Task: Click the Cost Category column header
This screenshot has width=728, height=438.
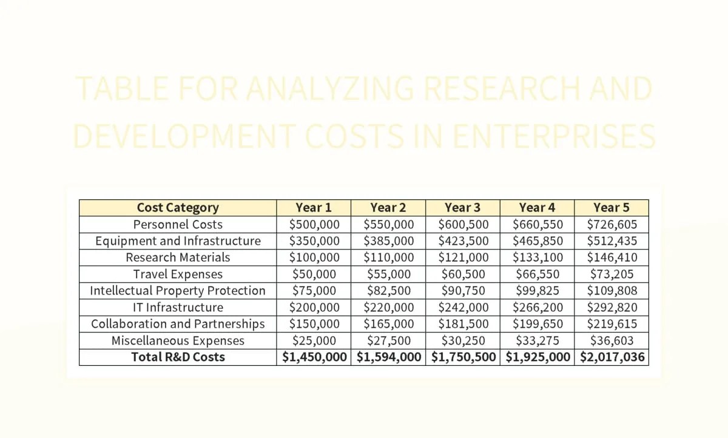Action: tap(178, 208)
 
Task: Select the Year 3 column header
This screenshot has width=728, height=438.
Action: tap(462, 208)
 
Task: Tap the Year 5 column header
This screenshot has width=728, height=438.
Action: tap(611, 208)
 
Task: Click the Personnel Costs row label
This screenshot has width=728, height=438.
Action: tap(178, 224)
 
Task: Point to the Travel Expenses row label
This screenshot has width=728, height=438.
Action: tap(178, 274)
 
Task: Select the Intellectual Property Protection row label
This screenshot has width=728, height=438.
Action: tap(178, 291)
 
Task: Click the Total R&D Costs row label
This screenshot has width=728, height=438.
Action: tap(178, 357)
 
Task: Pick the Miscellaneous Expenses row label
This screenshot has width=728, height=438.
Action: tap(178, 340)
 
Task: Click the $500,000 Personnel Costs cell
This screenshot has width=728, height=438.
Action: tap(314, 224)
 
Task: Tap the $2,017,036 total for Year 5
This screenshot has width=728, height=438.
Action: tap(612, 357)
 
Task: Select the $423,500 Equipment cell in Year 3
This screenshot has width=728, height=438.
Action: tap(463, 241)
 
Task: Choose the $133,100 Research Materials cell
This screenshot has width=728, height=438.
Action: tap(538, 257)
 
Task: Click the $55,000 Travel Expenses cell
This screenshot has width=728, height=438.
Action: tap(389, 274)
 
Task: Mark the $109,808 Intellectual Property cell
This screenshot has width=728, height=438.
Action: tap(612, 291)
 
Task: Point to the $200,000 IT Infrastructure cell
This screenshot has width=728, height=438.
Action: tap(314, 307)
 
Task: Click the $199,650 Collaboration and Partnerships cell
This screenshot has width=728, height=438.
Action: tap(538, 324)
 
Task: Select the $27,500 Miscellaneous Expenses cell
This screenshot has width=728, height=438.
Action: tap(389, 340)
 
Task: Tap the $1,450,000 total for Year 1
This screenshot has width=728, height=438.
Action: tap(314, 357)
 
